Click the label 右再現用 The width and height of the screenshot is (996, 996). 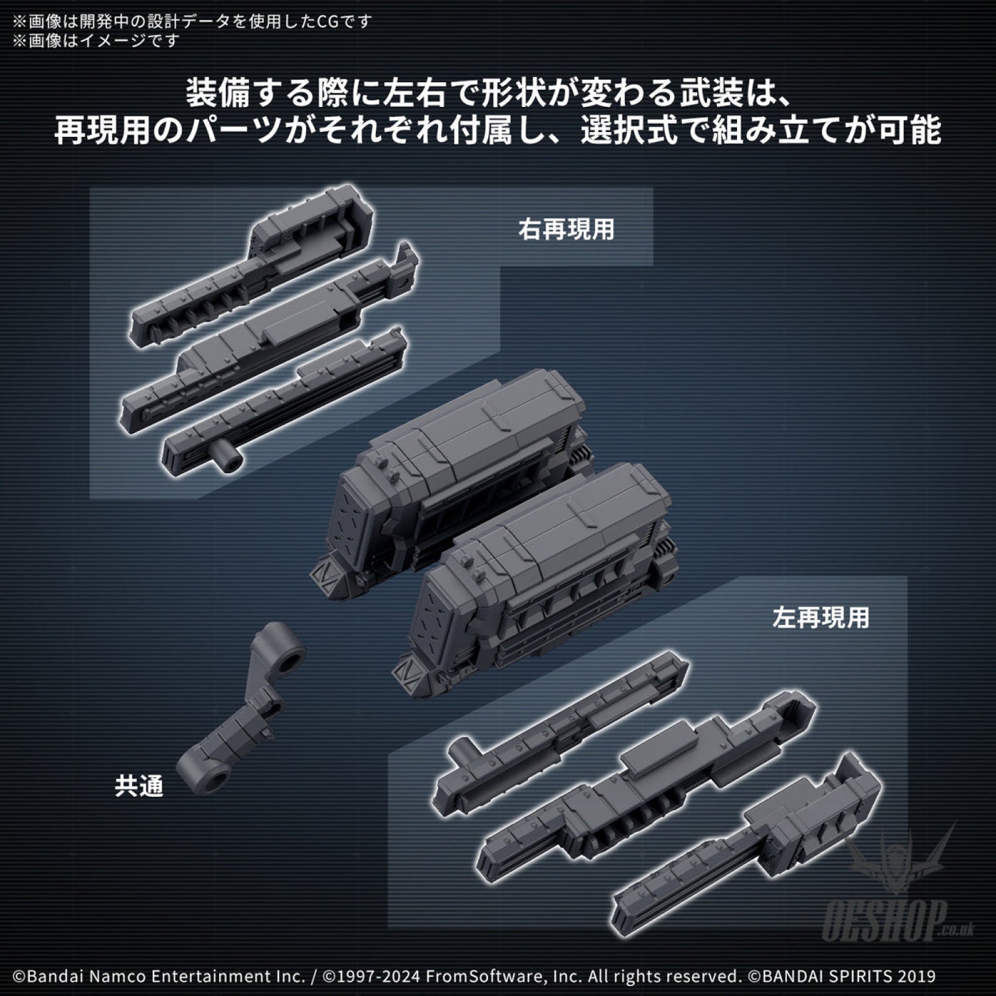(566, 230)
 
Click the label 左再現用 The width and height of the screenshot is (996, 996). (821, 618)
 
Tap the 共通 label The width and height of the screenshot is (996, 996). (139, 786)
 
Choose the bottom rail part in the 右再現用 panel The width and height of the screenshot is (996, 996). (286, 398)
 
